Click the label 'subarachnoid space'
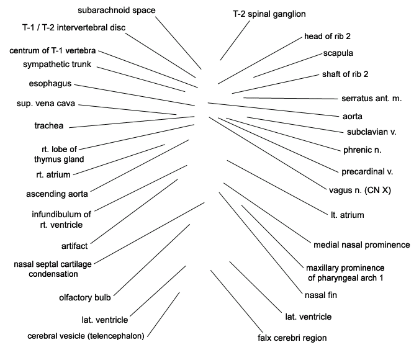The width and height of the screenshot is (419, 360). coord(117,10)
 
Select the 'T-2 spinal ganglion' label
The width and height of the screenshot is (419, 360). coord(269,14)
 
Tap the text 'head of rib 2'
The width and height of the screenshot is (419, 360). coord(327,36)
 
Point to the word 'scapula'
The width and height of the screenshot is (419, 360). coord(338,53)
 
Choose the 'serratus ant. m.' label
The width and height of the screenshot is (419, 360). coord(371,98)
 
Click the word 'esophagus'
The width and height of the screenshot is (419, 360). coord(50,84)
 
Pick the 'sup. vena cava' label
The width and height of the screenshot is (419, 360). coord(46,104)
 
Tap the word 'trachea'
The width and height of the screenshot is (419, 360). coord(49,125)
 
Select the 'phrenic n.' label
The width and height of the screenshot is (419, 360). coord(362,150)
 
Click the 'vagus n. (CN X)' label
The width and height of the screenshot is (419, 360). coord(360,190)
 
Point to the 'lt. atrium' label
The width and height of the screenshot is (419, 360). coord(348,215)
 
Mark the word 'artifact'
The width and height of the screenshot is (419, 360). coord(74,246)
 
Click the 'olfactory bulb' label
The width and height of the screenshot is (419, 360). coord(85,297)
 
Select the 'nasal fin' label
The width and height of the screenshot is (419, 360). coord(321,295)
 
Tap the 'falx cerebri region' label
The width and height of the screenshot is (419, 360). coord(292,338)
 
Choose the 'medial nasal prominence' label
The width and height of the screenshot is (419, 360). coord(361,245)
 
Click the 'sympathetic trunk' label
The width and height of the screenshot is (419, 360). coord(57,65)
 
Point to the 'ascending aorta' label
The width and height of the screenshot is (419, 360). coord(57,194)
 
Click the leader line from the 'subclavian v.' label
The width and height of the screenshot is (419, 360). coord(295,125)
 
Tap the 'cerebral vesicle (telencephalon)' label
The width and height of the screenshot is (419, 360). coord(86,336)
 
